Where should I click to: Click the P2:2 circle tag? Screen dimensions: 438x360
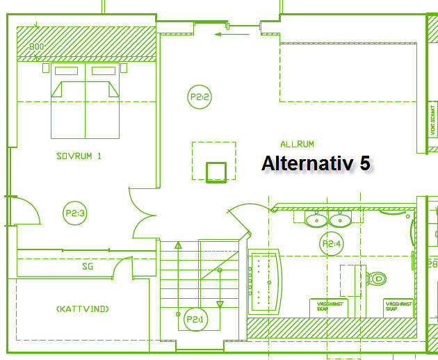click(x=200, y=98)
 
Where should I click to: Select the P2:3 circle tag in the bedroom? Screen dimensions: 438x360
click(x=74, y=213)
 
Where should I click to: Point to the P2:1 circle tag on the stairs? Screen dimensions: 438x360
click(x=195, y=319)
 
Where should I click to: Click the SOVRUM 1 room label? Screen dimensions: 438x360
click(x=79, y=156)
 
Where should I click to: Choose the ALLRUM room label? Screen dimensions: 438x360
click(x=297, y=145)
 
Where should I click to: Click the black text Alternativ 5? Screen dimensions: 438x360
click(x=316, y=163)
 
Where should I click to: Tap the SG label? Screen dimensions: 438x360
click(x=88, y=266)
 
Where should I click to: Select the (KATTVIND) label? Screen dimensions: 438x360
click(x=82, y=309)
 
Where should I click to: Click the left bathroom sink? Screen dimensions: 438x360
click(x=316, y=220)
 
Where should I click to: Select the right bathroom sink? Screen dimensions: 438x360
click(x=340, y=220)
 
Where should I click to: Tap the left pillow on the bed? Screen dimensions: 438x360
click(x=66, y=71)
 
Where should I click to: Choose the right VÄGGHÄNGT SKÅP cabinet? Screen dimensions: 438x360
click(x=398, y=306)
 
